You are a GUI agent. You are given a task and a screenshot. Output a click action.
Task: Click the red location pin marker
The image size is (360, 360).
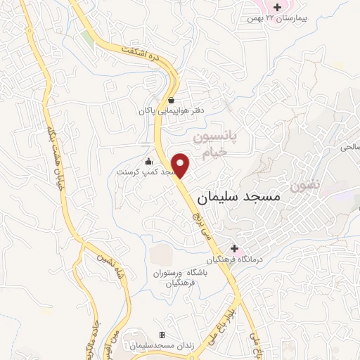point(181,165)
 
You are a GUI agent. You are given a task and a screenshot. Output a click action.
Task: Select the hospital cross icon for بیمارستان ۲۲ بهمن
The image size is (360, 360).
point(278,7)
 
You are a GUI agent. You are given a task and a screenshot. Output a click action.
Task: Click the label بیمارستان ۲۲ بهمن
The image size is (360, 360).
point(283,18)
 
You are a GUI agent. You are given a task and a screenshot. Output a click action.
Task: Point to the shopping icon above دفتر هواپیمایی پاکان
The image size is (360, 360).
point(172,100)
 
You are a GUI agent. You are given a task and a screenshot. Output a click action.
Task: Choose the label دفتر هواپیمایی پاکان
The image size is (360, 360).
point(163,111)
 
